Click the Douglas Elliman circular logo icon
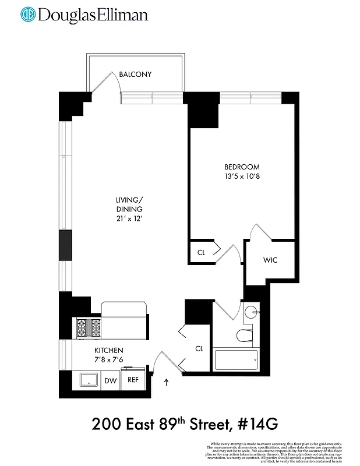tap(28, 15)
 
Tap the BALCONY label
tap(135, 75)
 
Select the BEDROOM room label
tap(242, 167)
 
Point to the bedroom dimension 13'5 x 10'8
tap(242, 176)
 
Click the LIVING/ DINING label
tap(129, 204)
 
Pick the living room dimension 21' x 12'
tap(129, 218)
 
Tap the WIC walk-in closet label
tap(270, 260)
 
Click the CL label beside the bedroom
tap(201, 253)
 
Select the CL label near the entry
tap(199, 348)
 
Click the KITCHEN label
tap(109, 350)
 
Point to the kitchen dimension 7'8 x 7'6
tap(109, 359)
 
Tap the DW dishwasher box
tap(110, 380)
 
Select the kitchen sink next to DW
tap(87, 380)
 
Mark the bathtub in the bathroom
tap(236, 359)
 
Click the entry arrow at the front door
tap(167, 383)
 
